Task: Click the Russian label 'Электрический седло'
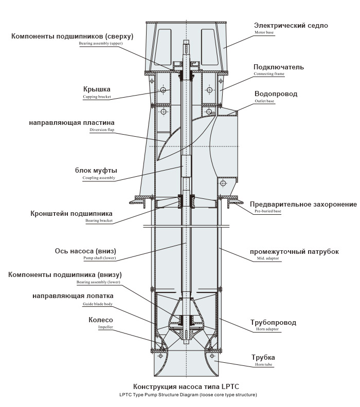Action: coord(291,25)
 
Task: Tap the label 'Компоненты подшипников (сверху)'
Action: coord(73,36)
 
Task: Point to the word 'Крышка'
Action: coord(97,89)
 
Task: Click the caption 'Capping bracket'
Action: coord(97,97)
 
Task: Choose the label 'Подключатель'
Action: coord(279,67)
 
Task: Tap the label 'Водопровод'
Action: coord(276,94)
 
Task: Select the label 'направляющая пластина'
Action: coord(71,123)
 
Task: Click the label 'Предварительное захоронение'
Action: coord(303,204)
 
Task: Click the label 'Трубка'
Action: coord(263,357)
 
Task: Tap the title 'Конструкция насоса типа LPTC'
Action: coord(186,386)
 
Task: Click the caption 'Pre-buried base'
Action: coord(267,211)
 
